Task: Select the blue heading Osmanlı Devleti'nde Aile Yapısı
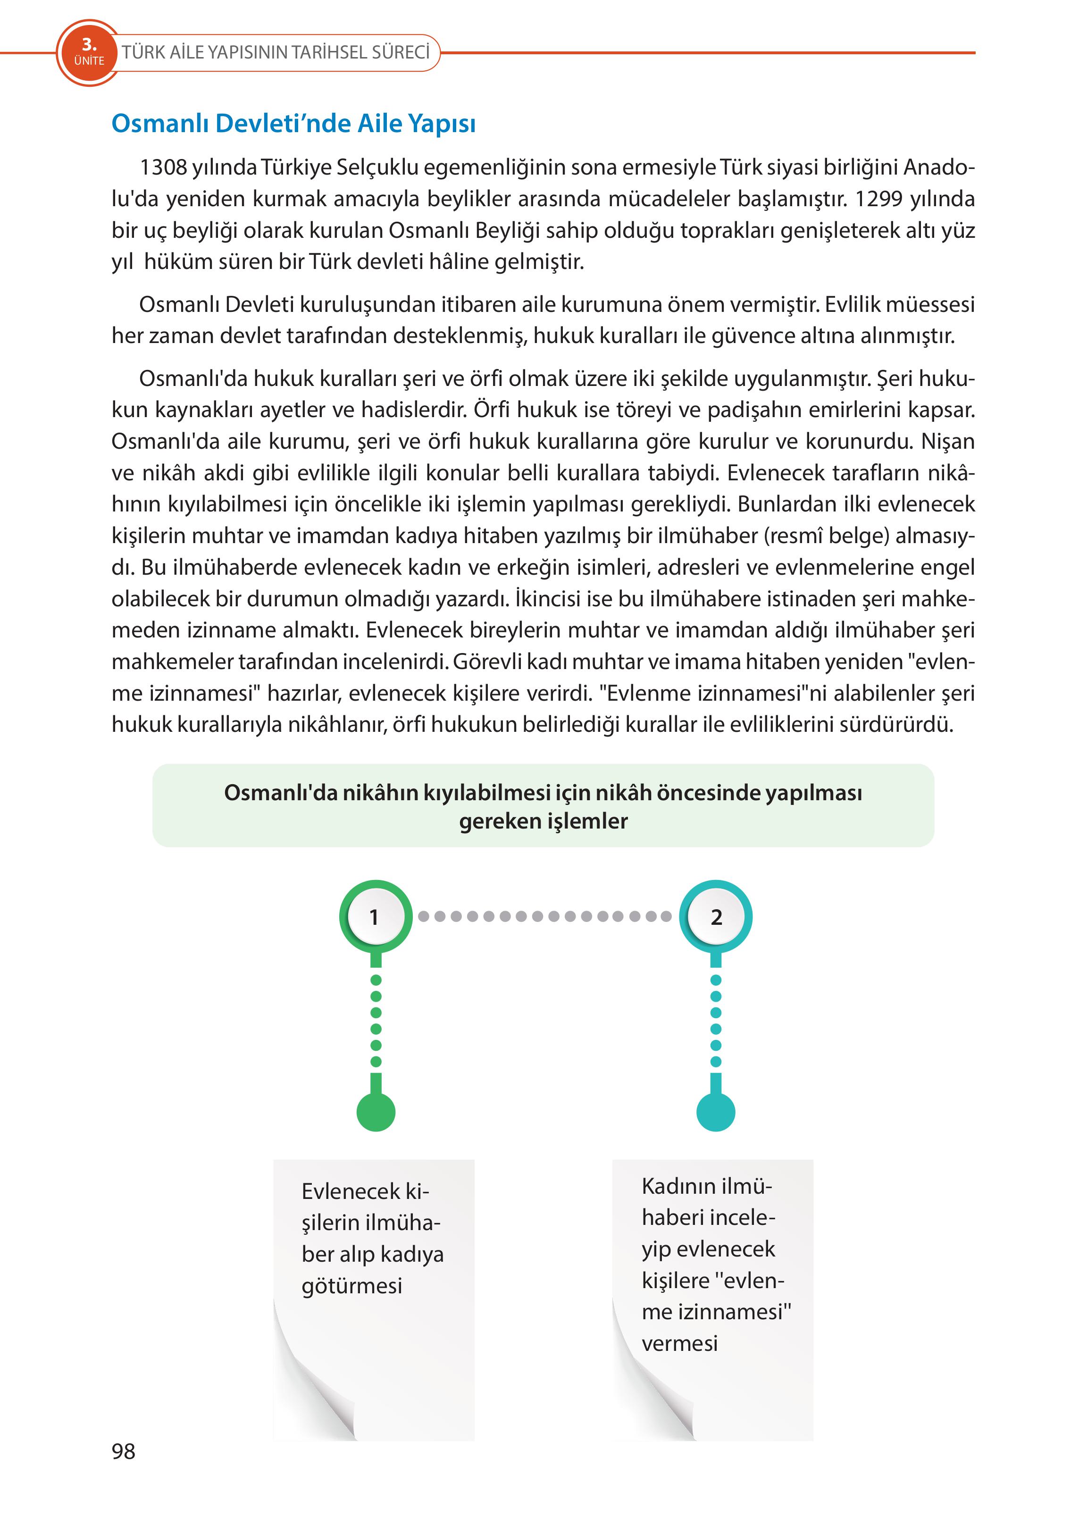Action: [x=293, y=124]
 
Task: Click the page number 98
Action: [x=124, y=1451]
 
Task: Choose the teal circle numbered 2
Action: [x=716, y=916]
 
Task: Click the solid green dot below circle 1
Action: [x=376, y=1112]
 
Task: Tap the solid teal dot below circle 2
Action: [x=716, y=1112]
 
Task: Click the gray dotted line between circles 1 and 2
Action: [x=545, y=916]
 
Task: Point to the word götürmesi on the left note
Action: [x=351, y=1286]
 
